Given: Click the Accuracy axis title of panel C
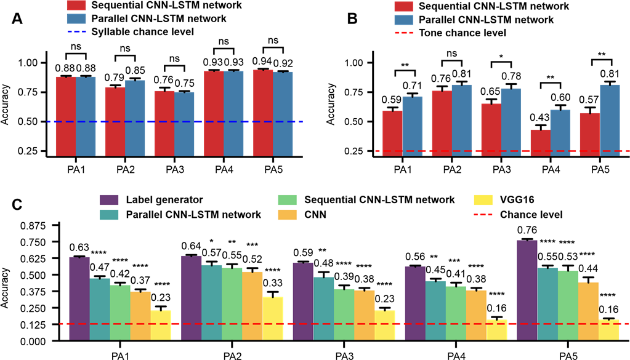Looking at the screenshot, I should click(x=7, y=283).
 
